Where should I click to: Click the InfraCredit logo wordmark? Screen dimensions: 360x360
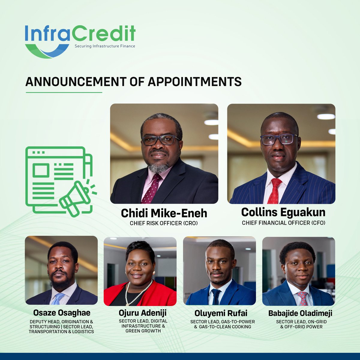80,34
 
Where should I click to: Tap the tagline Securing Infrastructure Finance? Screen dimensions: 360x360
105,46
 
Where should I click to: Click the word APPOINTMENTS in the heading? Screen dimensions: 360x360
190,82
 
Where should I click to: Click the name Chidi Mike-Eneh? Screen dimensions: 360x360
164,213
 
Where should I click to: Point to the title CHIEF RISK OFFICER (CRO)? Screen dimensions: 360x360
164,223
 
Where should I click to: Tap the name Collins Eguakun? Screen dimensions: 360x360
283,212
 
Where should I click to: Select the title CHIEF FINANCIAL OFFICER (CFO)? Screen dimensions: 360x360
283,223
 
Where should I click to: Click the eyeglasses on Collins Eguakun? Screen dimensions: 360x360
279,139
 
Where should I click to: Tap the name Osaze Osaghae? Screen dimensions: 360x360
62,313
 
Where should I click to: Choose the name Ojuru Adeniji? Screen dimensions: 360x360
142,313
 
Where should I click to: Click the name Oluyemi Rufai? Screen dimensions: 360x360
221,313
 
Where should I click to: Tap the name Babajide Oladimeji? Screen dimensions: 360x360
300,314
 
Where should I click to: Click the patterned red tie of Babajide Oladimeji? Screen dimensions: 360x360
303,298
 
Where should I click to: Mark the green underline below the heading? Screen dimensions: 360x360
64,92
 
